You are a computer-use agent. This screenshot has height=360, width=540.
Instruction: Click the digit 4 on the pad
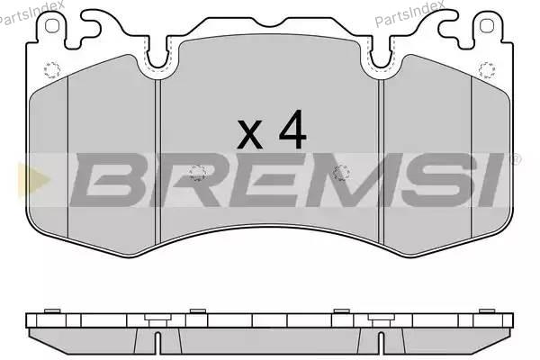tap(293, 129)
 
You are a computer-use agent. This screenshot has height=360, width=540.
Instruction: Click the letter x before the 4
tap(250, 135)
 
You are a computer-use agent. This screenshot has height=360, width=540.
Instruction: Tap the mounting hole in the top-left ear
tap(52, 26)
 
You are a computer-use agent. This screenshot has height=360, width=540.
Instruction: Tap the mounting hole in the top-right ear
tap(487, 26)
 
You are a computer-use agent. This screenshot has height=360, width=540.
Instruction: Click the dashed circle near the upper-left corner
tap(52, 70)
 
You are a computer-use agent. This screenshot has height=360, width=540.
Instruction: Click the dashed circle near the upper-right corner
tap(487, 70)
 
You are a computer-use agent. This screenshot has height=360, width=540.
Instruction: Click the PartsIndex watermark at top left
tap(31, 13)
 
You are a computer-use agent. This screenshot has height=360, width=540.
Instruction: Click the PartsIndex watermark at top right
tap(409, 13)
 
